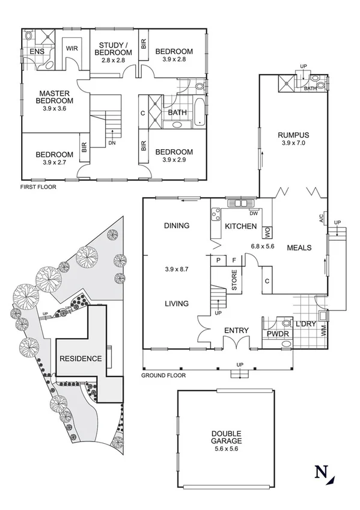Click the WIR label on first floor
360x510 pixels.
point(72,48)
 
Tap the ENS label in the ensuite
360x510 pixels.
point(35,52)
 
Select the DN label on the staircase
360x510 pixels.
point(112,143)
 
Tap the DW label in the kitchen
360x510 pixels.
point(253,213)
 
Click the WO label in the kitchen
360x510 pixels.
point(267,229)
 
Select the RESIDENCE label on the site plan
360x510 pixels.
point(80,358)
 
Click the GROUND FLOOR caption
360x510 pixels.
point(163,375)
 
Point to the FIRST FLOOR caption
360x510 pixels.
point(37,187)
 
